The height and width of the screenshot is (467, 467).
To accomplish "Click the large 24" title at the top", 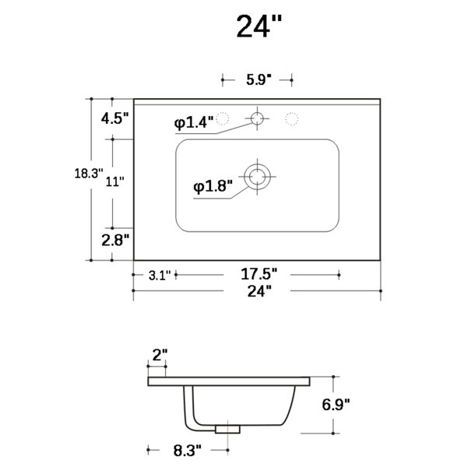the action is point(259,26).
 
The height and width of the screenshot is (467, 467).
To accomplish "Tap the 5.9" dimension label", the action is point(259,80).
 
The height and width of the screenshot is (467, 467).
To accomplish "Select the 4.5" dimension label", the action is point(114,118).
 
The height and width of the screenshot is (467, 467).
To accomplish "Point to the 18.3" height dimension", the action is point(89,174).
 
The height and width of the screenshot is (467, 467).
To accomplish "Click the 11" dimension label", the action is point(114,181).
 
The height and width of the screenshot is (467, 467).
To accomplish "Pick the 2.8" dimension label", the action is point(115,240).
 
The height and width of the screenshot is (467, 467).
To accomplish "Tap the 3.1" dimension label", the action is point(160,276).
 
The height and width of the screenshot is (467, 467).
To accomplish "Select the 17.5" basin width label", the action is point(259,274).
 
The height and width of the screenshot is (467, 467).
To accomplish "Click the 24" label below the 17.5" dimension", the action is point(259,291).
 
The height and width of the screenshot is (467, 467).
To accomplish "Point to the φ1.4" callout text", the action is point(194,122).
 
